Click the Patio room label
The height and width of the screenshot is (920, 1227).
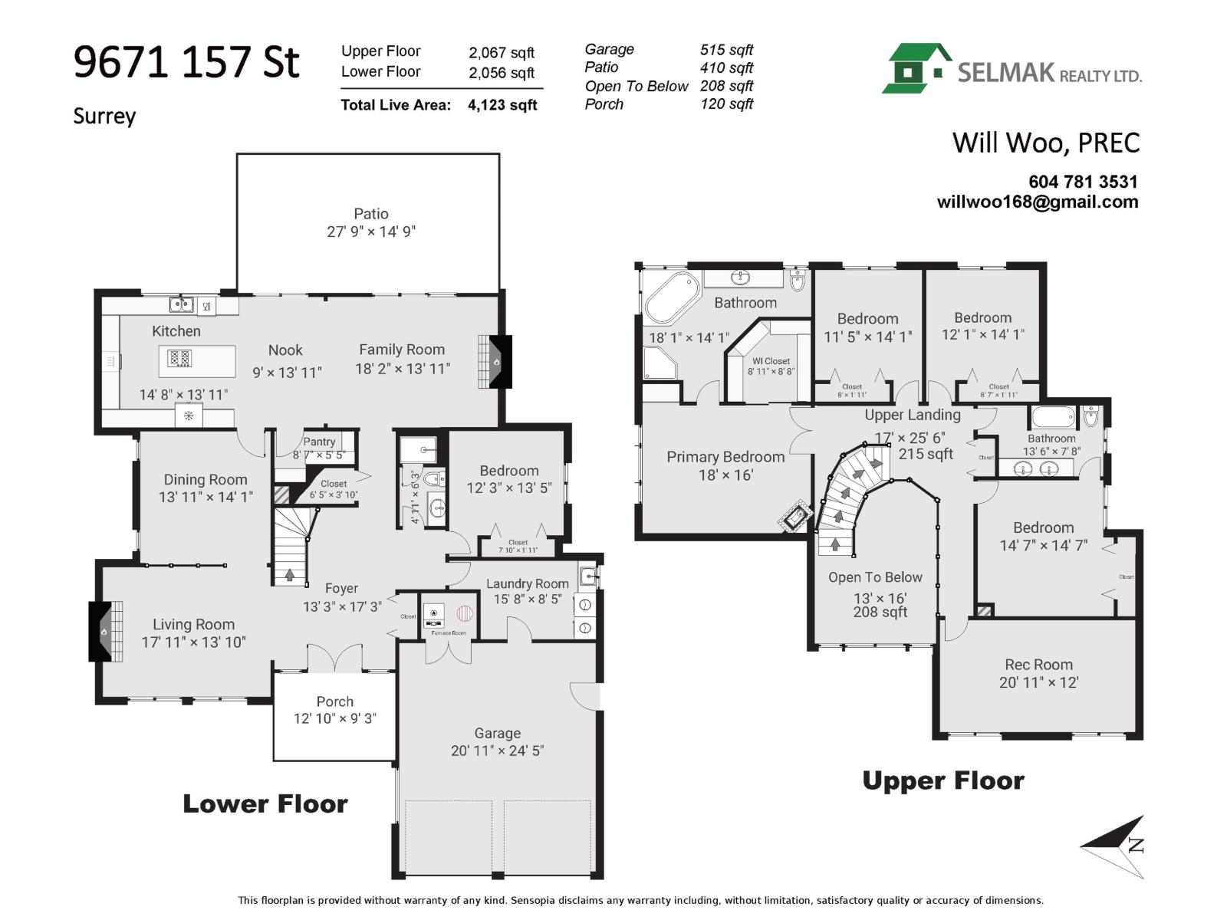point(371,214)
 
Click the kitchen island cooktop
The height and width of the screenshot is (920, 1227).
point(179,358)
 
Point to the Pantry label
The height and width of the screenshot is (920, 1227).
point(319,442)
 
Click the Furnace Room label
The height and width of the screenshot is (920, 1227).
point(449,633)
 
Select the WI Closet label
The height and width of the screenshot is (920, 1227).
point(771,361)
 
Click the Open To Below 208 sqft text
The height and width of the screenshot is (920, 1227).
point(880,612)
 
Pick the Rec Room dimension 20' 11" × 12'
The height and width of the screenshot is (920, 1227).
point(1038,682)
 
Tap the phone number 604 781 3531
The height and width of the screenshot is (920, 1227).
point(1083,182)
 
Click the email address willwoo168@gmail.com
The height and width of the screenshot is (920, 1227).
point(1038,202)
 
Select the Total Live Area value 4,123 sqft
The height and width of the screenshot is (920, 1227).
point(502,105)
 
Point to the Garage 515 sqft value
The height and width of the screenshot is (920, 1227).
point(726,50)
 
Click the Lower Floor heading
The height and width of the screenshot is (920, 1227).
point(265,803)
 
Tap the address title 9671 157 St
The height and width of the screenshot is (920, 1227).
point(186,62)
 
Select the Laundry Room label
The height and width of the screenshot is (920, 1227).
point(528,583)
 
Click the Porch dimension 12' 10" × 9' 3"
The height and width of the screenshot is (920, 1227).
point(335,718)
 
